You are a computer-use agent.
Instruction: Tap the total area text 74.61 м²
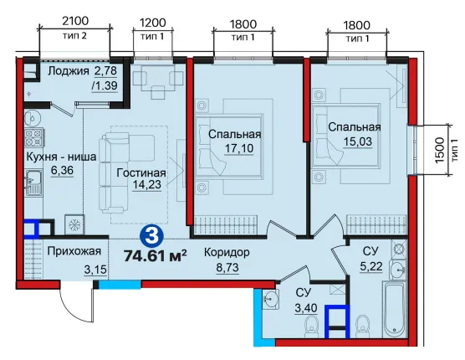click(x=156, y=255)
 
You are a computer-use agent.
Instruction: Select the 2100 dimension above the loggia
click(x=75, y=22)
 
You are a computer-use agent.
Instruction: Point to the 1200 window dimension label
click(x=152, y=23)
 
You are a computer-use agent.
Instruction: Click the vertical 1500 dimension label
click(x=440, y=150)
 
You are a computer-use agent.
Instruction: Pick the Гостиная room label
click(x=141, y=172)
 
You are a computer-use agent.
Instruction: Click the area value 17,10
click(x=239, y=148)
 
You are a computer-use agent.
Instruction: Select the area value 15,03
click(x=357, y=141)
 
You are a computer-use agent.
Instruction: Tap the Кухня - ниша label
click(x=61, y=157)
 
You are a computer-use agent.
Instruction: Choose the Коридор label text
click(x=227, y=253)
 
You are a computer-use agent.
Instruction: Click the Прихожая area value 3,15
click(x=95, y=270)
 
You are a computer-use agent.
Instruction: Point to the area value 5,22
click(x=371, y=267)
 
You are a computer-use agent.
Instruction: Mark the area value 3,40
click(x=306, y=308)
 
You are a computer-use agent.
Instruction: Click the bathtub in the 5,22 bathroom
click(x=395, y=309)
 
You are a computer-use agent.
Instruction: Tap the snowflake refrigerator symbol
click(x=74, y=224)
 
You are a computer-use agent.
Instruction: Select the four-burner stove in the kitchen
click(x=33, y=137)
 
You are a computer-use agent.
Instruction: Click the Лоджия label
click(x=69, y=71)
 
